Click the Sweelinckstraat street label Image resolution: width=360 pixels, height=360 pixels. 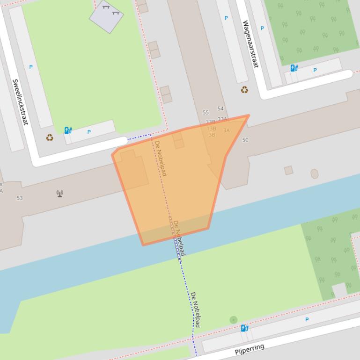click(x=20, y=101)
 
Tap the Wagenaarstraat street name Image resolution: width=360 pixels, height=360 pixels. click(x=250, y=44)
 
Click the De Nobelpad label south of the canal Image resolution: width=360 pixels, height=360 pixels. click(x=195, y=309)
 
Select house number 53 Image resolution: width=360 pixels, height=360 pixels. click(x=20, y=198)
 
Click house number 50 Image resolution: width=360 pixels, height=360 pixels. click(x=245, y=140)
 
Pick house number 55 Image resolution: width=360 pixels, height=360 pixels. click(x=206, y=113)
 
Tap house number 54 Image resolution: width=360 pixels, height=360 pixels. click(x=220, y=109)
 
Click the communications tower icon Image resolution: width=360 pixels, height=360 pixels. click(x=60, y=194)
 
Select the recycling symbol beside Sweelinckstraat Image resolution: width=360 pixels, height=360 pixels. click(x=50, y=137)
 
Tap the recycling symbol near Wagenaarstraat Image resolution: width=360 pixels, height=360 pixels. click(x=244, y=90)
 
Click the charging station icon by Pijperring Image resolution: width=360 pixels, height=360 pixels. click(x=244, y=328)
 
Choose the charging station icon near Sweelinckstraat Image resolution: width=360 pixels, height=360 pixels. click(x=68, y=130)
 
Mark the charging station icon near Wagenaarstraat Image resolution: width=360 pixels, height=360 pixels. click(x=294, y=68)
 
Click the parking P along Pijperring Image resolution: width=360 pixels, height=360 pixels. click(x=307, y=320)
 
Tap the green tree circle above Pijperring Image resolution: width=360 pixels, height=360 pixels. click(x=234, y=320)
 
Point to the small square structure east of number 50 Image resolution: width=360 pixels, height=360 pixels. click(x=289, y=170)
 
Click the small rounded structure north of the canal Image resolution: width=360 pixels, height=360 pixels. click(x=315, y=174)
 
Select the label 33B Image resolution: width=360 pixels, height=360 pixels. click(x=210, y=122)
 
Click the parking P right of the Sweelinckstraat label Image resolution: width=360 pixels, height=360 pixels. click(x=31, y=67)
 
